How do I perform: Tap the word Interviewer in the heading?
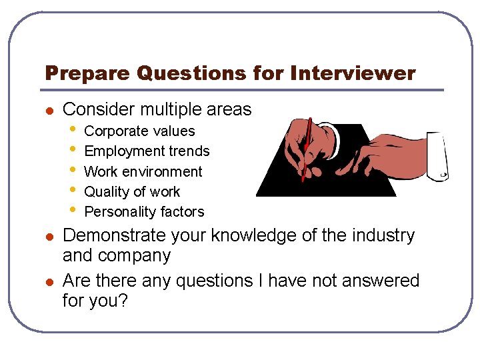[x=353, y=73]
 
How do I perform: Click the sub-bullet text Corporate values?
[x=139, y=131]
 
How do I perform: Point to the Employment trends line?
[x=147, y=151]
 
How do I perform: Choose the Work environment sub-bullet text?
[x=143, y=171]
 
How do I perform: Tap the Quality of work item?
[x=132, y=191]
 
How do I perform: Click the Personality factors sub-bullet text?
[x=144, y=212]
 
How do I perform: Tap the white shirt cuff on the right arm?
[x=437, y=156]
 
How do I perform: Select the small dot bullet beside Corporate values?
[x=73, y=131]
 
